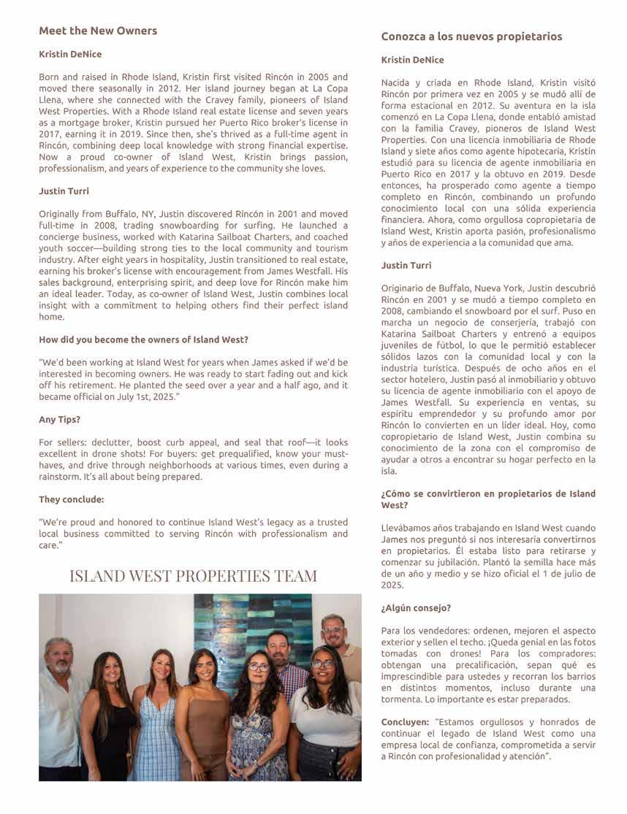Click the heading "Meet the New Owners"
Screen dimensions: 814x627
click(x=98, y=31)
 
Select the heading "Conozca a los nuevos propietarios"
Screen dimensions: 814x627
click(x=471, y=37)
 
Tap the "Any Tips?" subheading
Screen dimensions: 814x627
click(x=59, y=420)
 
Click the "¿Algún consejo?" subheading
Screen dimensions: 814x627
click(x=416, y=607)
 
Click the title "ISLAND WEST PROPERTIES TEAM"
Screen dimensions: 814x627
click(x=193, y=576)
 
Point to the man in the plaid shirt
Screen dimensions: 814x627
click(x=287, y=668)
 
